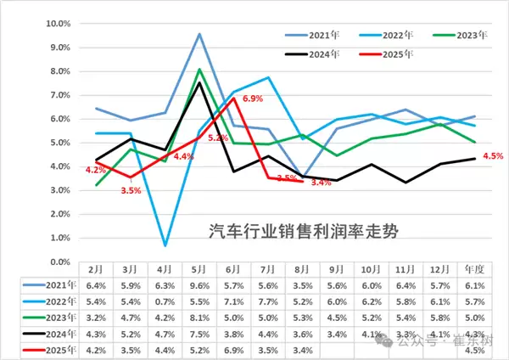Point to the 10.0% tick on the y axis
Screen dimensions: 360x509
pyautogui.click(x=56, y=24)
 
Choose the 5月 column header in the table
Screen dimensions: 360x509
pyautogui.click(x=199, y=268)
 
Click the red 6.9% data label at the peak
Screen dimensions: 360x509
pyautogui.click(x=254, y=99)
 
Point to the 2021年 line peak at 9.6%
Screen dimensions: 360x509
pyautogui.click(x=199, y=34)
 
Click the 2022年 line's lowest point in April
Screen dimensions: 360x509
pyautogui.click(x=165, y=245)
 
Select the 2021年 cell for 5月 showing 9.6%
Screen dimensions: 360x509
pyautogui.click(x=199, y=284)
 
